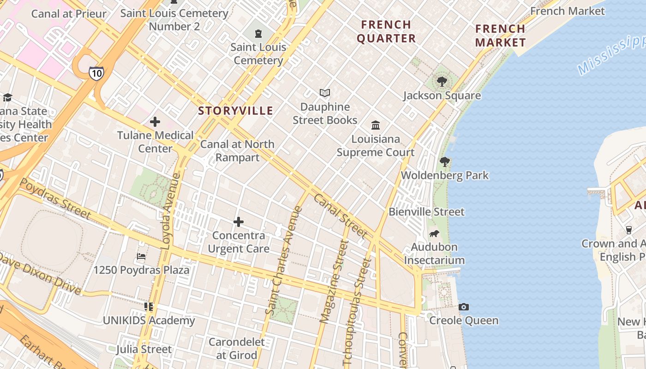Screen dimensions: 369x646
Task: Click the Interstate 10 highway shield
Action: (x=96, y=73)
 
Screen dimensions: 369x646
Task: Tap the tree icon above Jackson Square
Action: (x=442, y=82)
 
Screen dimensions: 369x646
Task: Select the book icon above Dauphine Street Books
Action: (x=325, y=93)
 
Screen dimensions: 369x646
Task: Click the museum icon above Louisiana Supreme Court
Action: (x=376, y=125)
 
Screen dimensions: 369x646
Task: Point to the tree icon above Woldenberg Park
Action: (x=445, y=162)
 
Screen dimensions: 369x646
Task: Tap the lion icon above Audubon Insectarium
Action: (x=434, y=234)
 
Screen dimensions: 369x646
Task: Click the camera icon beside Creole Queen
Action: (x=464, y=307)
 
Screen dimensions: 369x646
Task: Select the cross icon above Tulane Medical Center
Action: (x=155, y=122)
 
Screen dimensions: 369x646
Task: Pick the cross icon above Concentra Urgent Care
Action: (x=239, y=222)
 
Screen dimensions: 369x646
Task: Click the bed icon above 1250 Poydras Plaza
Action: (x=141, y=256)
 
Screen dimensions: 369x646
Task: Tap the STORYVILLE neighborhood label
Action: (x=236, y=111)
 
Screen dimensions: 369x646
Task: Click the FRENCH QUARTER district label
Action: (x=386, y=31)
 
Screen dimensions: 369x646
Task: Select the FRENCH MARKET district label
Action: (x=501, y=36)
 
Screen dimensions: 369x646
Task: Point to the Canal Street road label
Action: (x=340, y=216)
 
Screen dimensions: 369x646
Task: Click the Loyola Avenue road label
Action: (x=171, y=211)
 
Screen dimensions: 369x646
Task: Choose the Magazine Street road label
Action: (x=334, y=281)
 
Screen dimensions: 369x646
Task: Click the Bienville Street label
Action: (x=426, y=212)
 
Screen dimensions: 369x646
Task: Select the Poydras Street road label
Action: (x=55, y=198)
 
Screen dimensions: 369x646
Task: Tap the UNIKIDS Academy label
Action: (x=149, y=321)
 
